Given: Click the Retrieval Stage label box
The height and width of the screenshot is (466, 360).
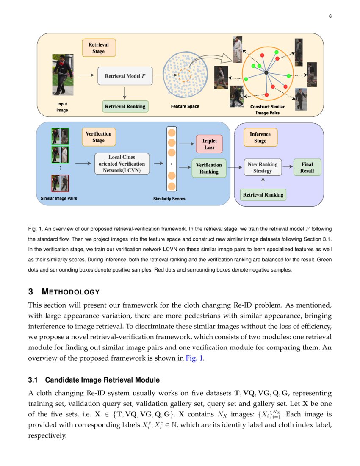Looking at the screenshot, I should tap(98, 48).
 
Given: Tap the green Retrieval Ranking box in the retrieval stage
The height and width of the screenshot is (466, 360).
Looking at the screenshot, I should tap(125, 106).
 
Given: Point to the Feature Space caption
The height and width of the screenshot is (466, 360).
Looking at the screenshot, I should tap(185, 107).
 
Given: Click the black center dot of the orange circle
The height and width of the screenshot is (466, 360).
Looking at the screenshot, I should tap(266, 73).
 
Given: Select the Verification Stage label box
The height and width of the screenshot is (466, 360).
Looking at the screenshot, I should tap(98, 137).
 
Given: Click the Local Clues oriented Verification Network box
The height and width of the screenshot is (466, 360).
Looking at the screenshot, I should tap(122, 164).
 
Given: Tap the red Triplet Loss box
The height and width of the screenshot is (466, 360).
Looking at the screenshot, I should tap(209, 144).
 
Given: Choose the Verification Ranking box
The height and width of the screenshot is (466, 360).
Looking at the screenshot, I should tap(209, 168).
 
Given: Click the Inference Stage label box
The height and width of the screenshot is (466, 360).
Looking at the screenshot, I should tap(260, 137).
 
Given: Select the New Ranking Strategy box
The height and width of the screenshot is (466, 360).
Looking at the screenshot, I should tap(263, 167).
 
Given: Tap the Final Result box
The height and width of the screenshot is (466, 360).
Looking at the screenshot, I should tap(307, 167).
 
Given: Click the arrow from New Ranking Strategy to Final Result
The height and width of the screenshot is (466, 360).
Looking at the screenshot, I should tap(288, 166).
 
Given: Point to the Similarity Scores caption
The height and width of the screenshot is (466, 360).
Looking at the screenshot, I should tap(169, 199).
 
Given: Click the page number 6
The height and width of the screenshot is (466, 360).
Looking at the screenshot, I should tap(330, 17).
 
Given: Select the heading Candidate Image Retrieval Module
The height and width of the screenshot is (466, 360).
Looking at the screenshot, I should tap(102, 380).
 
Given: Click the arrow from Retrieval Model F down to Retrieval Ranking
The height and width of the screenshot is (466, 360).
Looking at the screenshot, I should tap(125, 92).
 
